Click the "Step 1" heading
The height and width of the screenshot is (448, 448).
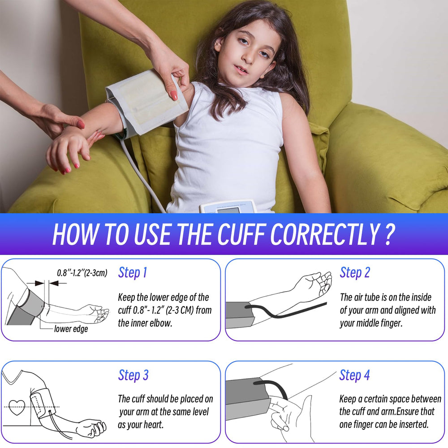click(x=133, y=272)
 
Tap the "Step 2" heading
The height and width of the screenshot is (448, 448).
click(x=354, y=272)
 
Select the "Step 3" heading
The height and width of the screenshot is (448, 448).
click(x=134, y=375)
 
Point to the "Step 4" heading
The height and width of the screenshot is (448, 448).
click(x=354, y=375)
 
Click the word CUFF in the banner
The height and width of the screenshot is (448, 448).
click(x=242, y=234)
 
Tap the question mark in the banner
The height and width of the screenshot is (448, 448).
click(x=388, y=234)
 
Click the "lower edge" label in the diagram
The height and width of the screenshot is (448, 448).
click(x=71, y=329)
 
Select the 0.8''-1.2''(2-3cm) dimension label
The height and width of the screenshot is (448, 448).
click(x=82, y=273)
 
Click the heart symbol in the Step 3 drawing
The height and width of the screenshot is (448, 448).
click(x=17, y=407)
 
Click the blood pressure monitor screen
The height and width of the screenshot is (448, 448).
click(x=228, y=211)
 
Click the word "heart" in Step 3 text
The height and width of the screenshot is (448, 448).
click(x=153, y=425)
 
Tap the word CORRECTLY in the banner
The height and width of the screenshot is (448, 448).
click(x=324, y=234)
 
